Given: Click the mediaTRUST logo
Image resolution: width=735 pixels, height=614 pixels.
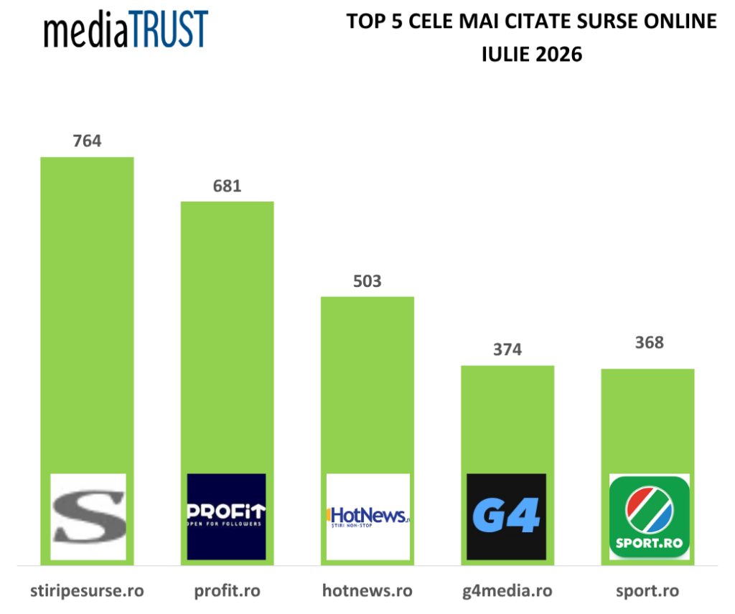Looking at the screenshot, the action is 126,29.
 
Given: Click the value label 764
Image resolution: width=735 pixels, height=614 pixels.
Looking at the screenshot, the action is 87,141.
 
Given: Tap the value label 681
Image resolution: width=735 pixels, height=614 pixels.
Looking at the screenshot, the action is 228,186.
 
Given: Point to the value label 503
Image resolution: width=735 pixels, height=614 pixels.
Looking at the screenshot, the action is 367,281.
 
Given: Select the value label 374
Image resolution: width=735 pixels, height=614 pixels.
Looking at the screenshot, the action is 507,349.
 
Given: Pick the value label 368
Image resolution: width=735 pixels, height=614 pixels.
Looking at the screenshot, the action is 649,343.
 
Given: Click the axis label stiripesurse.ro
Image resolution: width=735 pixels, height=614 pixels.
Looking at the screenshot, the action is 87,591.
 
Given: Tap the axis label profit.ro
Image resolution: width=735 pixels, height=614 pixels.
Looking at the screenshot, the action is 228,591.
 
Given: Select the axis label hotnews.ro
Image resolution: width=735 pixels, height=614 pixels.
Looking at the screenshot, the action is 367,591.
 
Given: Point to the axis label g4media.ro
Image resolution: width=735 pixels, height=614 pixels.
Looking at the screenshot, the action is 507,591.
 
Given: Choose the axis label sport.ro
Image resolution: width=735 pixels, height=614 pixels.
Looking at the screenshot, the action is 647,591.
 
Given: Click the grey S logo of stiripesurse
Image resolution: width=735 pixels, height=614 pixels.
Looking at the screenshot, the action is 88,516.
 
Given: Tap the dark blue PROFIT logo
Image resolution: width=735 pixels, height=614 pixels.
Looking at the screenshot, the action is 226,516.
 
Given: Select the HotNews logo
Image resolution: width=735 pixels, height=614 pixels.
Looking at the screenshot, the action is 368,516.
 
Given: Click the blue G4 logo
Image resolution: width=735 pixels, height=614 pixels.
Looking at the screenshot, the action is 506,516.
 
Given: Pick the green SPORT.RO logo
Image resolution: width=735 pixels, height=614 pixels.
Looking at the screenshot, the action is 649,516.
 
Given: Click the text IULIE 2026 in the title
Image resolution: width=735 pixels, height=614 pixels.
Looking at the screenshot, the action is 532,55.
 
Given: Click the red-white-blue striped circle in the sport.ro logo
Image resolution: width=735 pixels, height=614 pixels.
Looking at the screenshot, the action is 649,510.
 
